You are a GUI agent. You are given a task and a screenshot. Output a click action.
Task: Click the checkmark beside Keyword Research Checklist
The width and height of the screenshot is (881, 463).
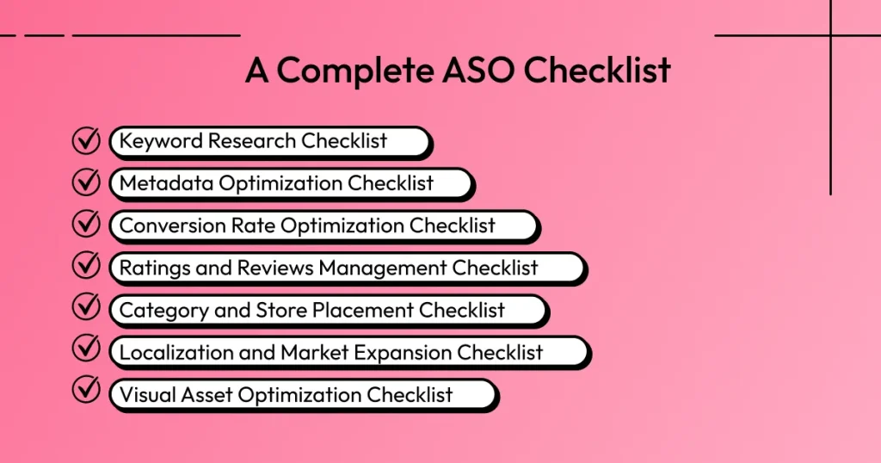click(x=86, y=140)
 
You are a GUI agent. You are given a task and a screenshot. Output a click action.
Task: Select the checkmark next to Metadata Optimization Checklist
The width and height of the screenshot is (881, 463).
click(x=86, y=182)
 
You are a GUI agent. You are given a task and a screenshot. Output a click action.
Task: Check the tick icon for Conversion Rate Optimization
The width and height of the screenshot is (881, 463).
click(x=86, y=225)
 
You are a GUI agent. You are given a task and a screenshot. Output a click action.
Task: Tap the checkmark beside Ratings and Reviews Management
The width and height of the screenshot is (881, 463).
click(x=86, y=267)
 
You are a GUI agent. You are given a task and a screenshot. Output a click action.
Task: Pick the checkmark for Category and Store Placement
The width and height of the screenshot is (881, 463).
click(x=86, y=309)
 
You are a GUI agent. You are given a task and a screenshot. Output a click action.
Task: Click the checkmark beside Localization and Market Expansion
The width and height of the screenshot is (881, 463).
click(x=86, y=351)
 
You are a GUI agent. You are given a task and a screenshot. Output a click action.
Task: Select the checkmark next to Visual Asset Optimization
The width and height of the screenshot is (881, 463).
click(x=86, y=393)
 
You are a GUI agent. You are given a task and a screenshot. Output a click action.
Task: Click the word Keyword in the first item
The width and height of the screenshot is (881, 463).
click(x=158, y=141)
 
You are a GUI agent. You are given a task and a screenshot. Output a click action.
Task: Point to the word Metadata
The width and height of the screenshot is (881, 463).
click(x=167, y=183)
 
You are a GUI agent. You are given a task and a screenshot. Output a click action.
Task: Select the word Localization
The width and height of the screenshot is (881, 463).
click(x=177, y=352)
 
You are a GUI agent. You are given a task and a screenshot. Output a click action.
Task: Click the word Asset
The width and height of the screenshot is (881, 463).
click(x=208, y=394)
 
